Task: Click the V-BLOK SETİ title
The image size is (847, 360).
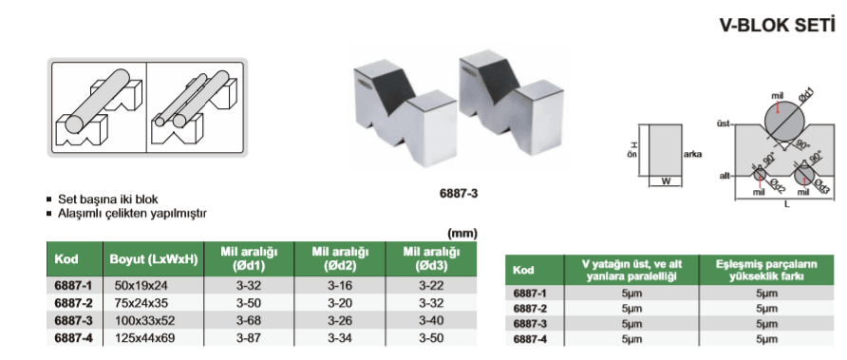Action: (x=777, y=26)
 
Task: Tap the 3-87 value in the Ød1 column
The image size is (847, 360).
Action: (x=248, y=338)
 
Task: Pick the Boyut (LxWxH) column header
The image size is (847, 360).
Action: (x=154, y=258)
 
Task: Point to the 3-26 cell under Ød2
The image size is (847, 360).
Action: (x=339, y=320)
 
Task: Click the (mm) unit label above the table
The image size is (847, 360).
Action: (x=461, y=234)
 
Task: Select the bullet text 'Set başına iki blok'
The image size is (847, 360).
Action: (x=108, y=199)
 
